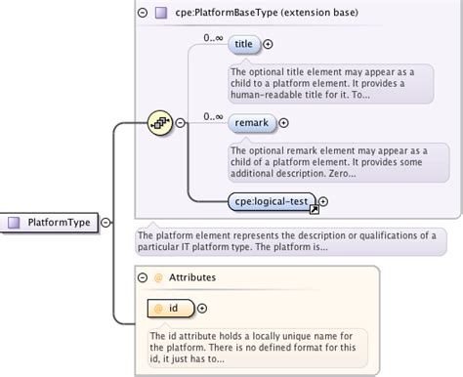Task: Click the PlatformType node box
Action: click(x=50, y=223)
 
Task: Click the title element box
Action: click(x=243, y=44)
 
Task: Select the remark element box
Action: click(x=251, y=123)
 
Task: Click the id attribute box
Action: click(x=167, y=309)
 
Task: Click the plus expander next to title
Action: click(x=268, y=44)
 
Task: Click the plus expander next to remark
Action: click(x=284, y=123)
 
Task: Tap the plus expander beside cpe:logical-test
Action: click(x=323, y=202)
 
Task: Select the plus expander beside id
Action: click(x=202, y=309)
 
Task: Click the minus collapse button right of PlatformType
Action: click(x=105, y=223)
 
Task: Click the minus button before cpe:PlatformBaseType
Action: click(x=144, y=13)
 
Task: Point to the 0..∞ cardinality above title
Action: click(x=214, y=37)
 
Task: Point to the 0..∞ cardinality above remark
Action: click(x=214, y=116)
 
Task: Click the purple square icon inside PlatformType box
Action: click(x=15, y=223)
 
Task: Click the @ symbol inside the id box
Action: click(x=156, y=309)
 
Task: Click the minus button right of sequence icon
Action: click(x=180, y=123)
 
